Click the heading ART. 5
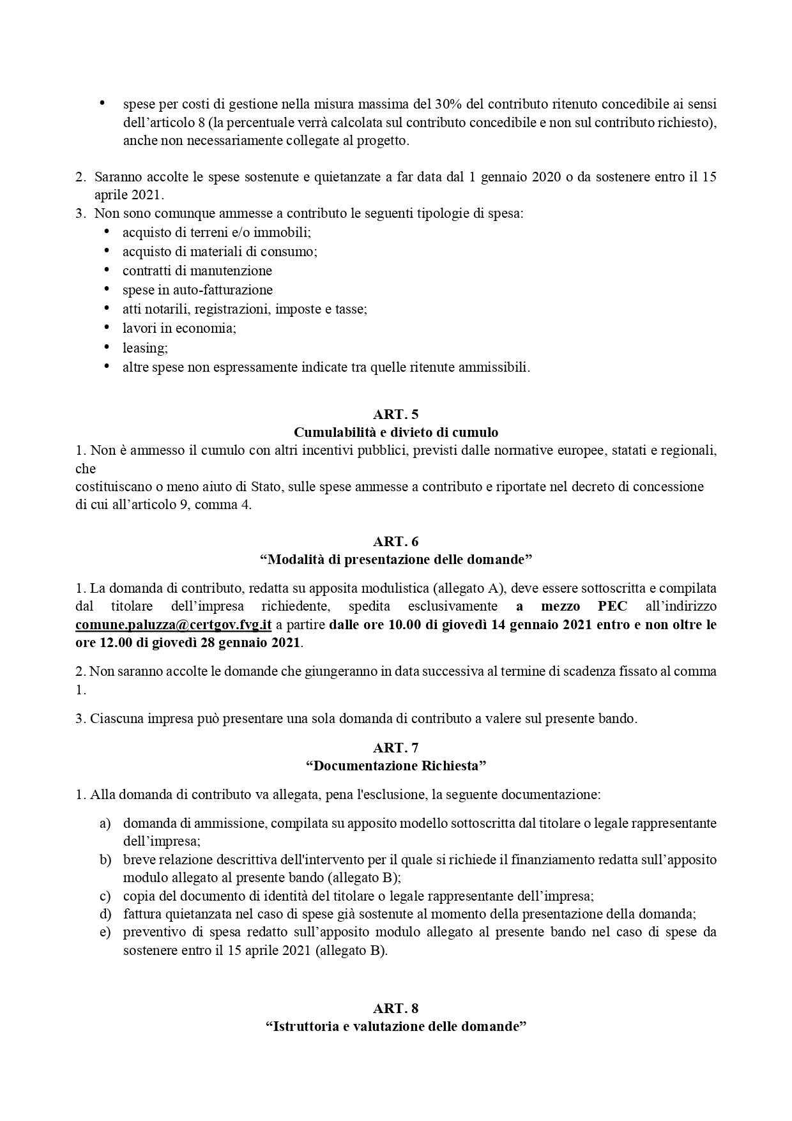[396, 414]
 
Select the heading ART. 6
[396, 541]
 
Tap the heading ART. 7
[396, 747]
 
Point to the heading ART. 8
[396, 1008]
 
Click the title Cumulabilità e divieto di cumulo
[396, 432]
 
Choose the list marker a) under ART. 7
[105, 823]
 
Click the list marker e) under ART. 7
[105, 932]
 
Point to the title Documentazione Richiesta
[396, 765]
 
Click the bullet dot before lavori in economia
[107, 327]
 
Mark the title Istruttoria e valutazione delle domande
[396, 1026]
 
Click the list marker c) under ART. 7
[105, 896]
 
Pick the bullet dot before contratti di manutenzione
[107, 270]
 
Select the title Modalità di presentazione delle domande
[396, 560]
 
